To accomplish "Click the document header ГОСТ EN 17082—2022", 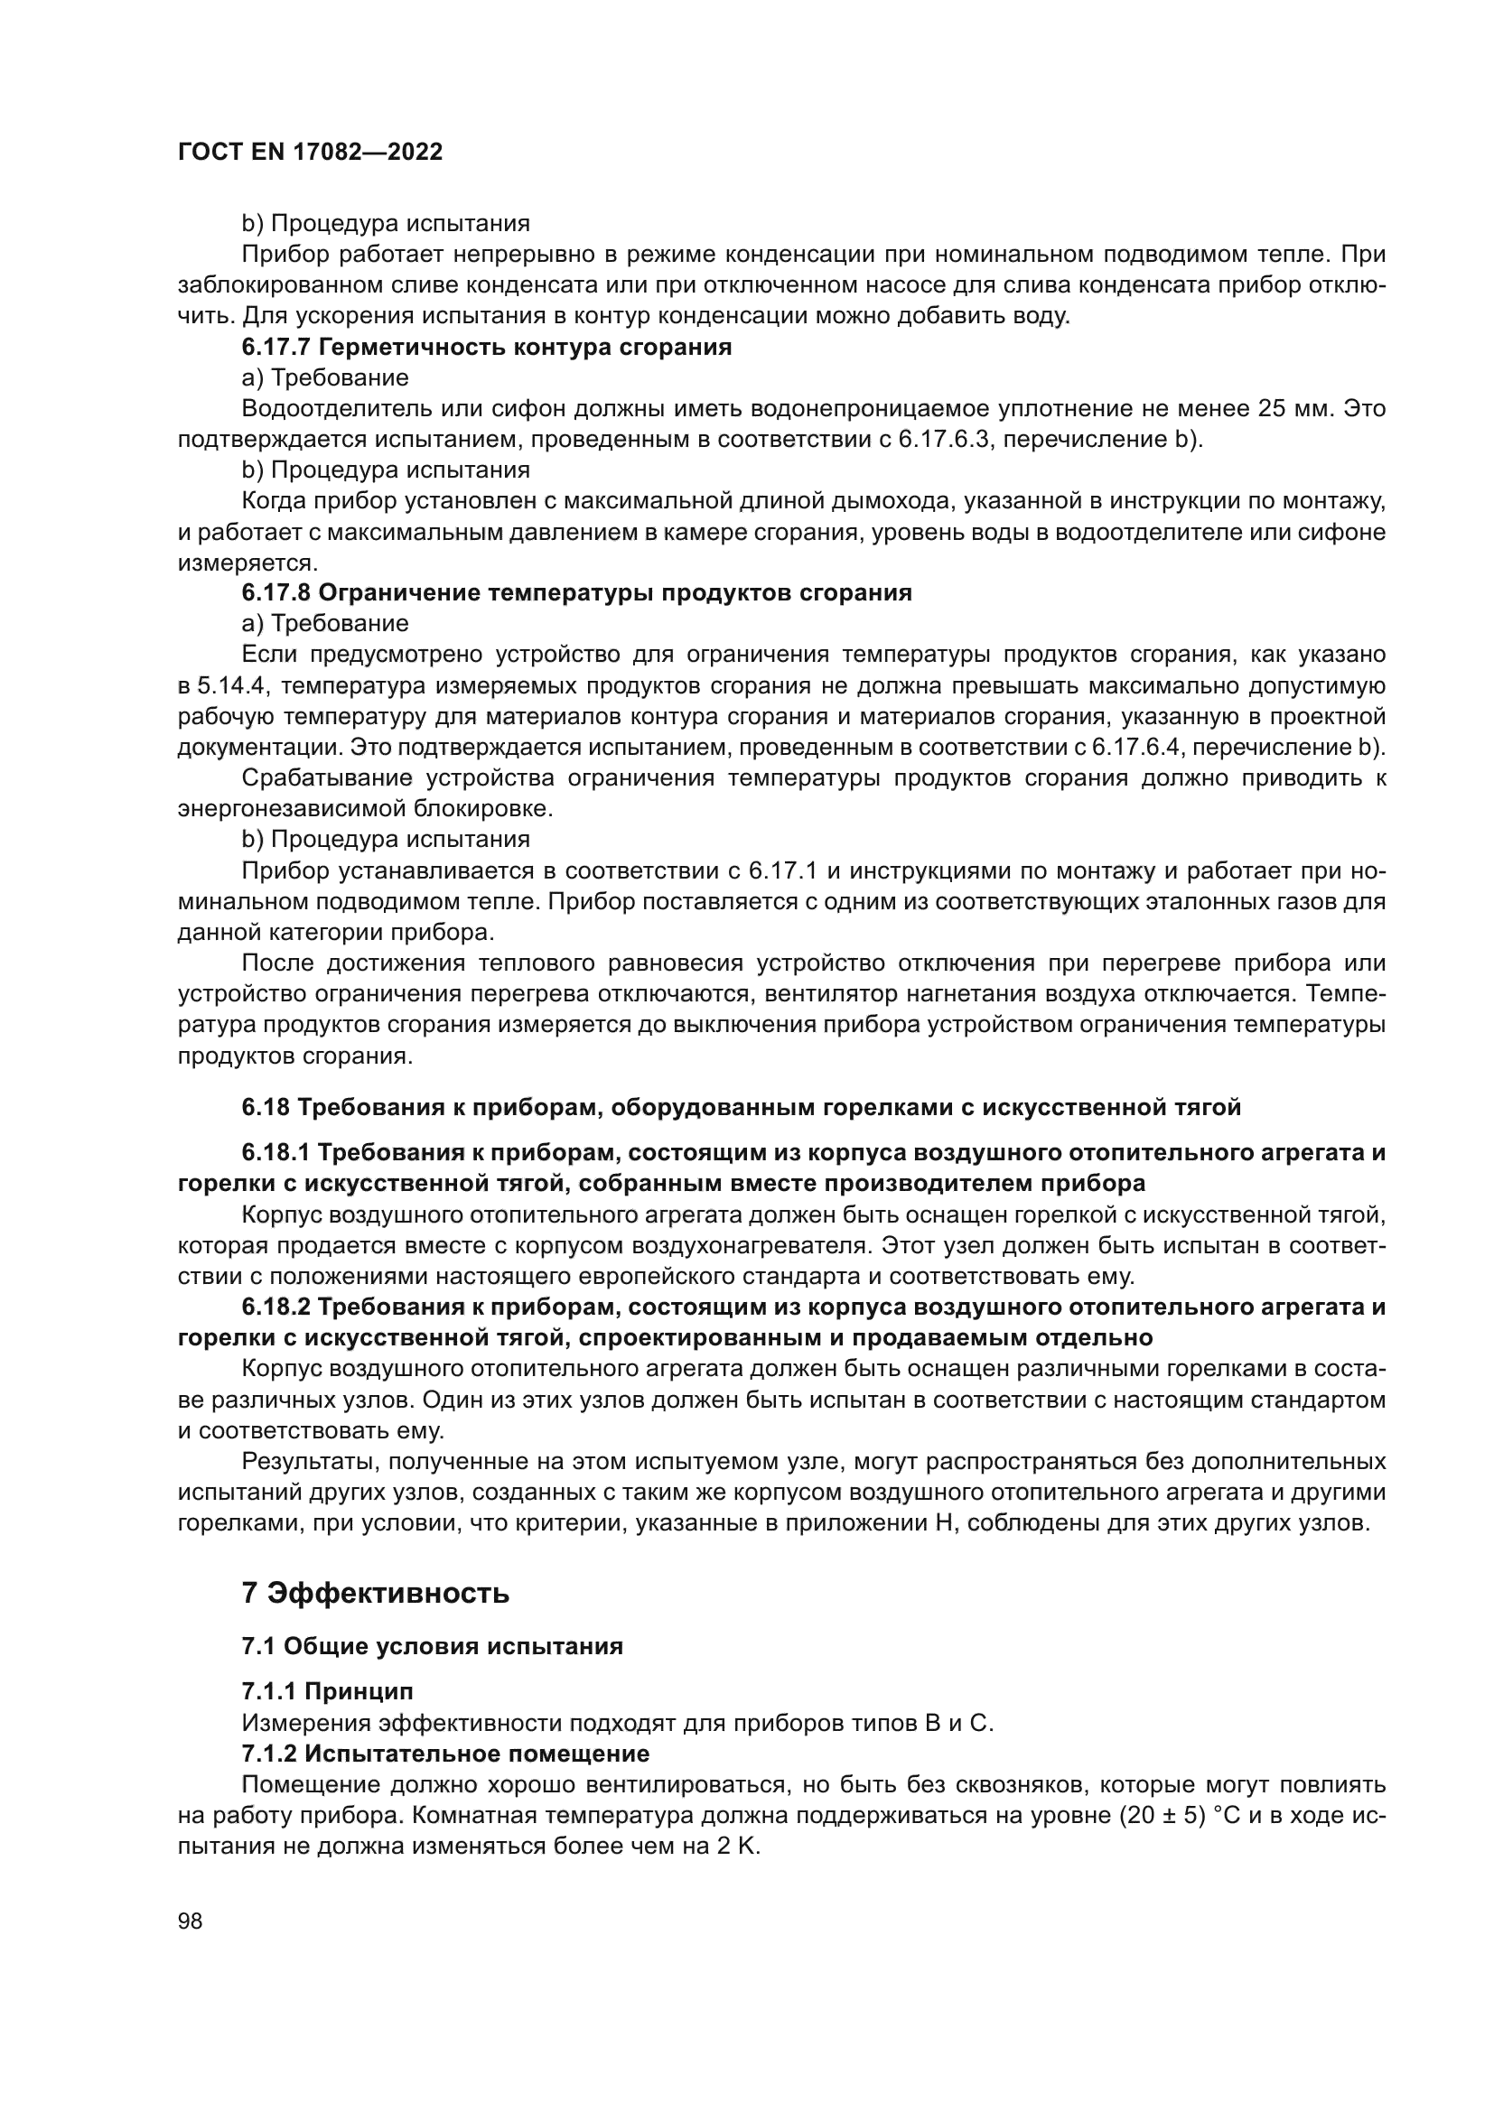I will tap(310, 153).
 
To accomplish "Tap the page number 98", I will tap(191, 1921).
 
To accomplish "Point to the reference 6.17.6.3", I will tap(945, 440).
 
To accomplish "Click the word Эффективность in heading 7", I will tap(388, 1593).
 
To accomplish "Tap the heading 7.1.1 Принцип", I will tap(328, 1691).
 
